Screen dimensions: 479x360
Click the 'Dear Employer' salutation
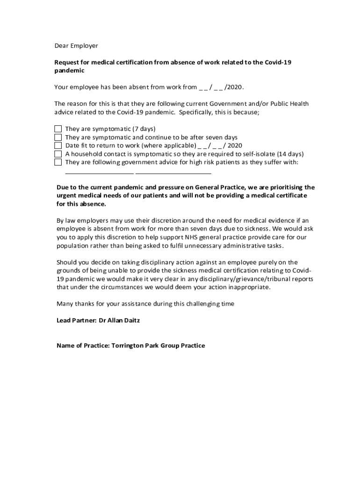tap(76, 46)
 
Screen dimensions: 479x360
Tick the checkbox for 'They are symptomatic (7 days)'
tap(58, 129)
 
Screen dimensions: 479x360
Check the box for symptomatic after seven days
tap(58, 137)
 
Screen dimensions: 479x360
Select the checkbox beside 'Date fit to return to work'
tap(58, 145)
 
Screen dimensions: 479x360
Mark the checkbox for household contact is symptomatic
tap(58, 154)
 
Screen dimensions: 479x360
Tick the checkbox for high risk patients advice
tap(58, 162)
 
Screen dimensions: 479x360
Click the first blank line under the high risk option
tap(99, 173)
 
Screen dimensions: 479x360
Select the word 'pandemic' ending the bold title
tap(70, 71)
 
